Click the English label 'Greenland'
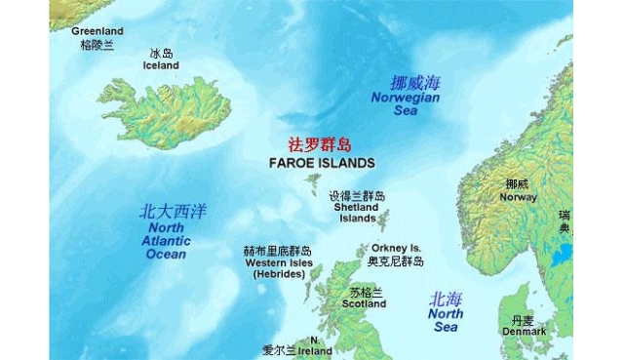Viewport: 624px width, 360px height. tap(97, 30)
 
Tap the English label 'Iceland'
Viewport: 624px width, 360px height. tap(162, 65)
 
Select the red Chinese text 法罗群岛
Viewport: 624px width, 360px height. tap(321, 142)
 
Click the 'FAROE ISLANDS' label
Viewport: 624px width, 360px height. tap(321, 162)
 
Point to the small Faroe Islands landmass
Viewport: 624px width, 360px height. tap(314, 181)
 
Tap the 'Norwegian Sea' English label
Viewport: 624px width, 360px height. tap(405, 104)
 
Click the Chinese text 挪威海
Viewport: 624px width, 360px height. tap(406, 83)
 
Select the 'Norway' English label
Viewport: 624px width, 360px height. tap(518, 197)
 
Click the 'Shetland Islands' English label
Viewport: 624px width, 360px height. tap(357, 213)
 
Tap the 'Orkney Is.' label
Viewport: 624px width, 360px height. tap(396, 248)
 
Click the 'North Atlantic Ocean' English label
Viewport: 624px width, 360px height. tap(165, 241)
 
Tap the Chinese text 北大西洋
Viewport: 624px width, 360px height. tap(173, 211)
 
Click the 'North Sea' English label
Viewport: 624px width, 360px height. tap(446, 320)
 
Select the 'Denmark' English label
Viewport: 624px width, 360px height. tap(524, 332)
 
